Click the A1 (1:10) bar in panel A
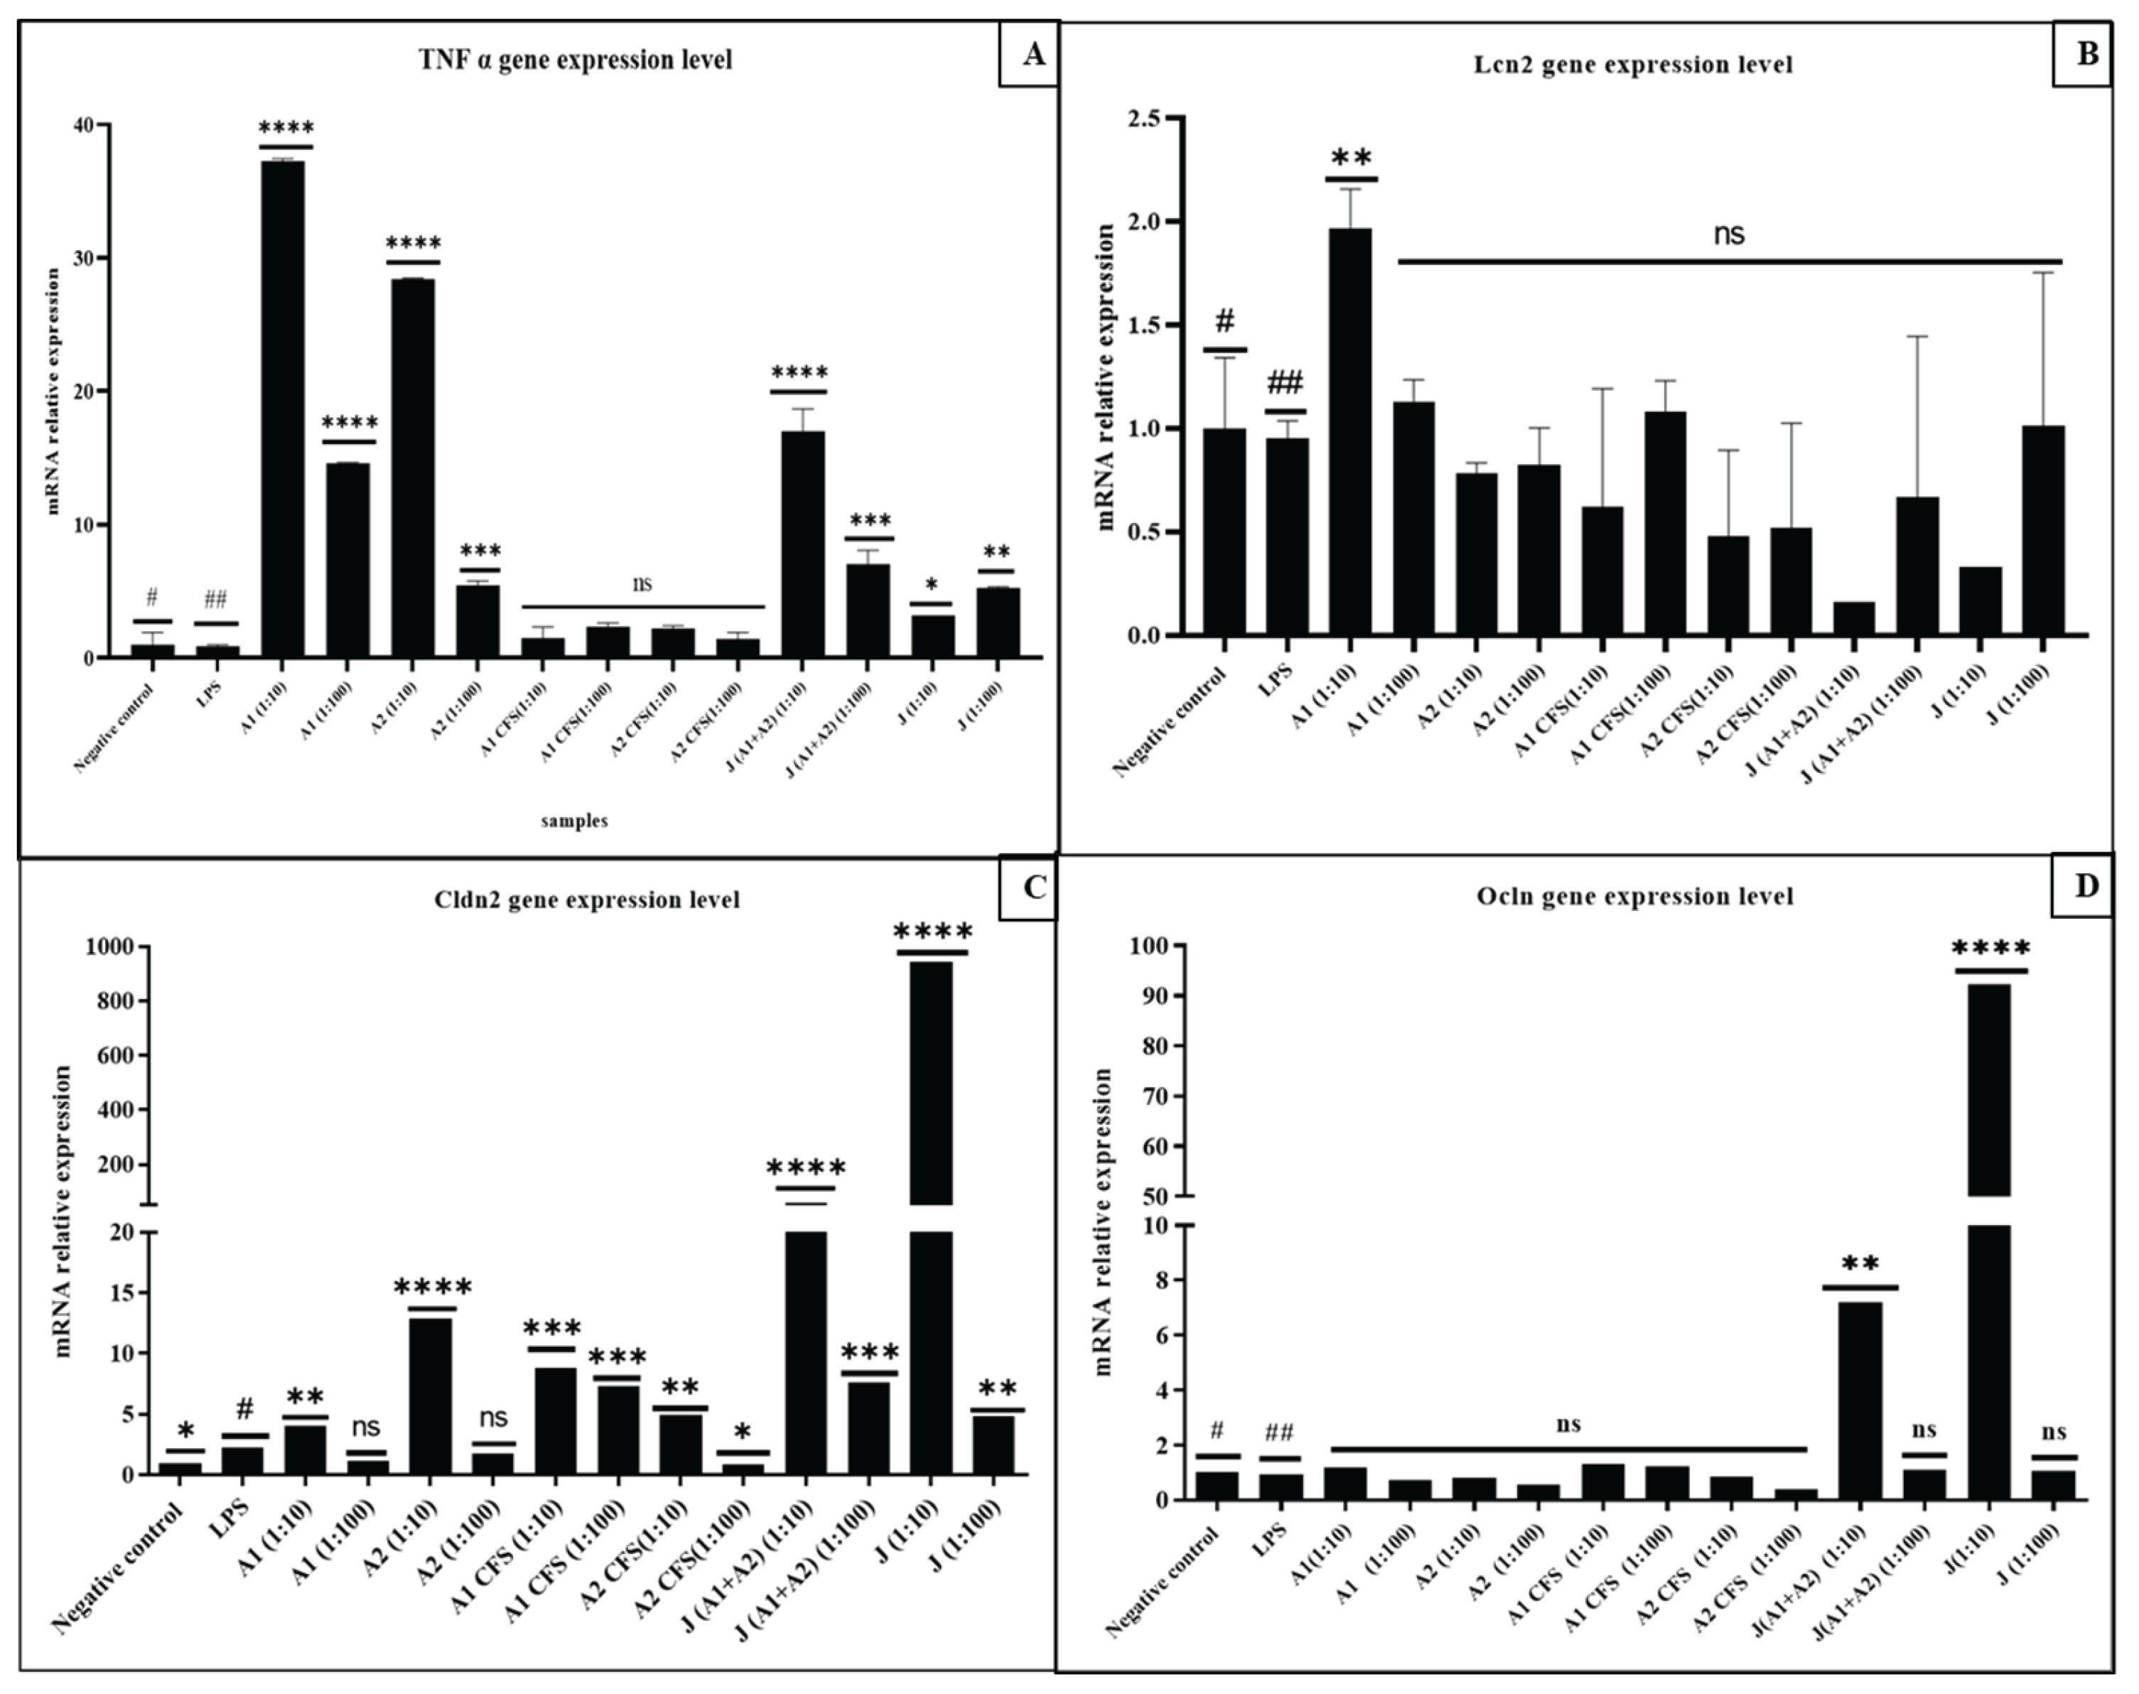(x=283, y=406)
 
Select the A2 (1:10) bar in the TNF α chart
(x=411, y=466)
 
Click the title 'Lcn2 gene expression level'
(x=1632, y=65)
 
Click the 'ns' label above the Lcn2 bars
(x=1728, y=234)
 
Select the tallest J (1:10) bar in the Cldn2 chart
(x=930, y=1081)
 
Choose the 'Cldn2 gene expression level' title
(x=587, y=900)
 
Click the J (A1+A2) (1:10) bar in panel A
(x=802, y=544)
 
